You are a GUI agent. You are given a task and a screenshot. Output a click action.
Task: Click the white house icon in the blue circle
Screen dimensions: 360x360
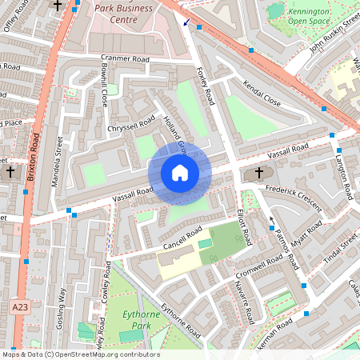tap(180, 172)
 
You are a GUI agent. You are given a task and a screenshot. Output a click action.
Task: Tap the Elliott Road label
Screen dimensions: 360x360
tap(245, 227)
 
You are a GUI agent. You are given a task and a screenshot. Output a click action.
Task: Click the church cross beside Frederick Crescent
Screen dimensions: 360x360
tap(259, 173)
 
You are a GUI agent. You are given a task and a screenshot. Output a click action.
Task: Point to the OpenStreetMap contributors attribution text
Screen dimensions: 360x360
tap(80, 354)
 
